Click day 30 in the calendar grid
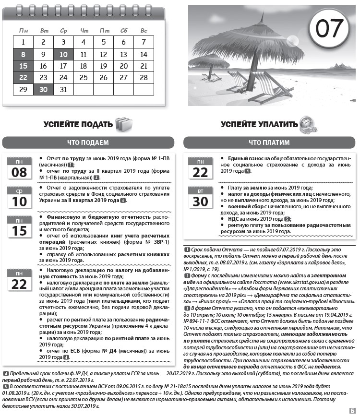[43, 89]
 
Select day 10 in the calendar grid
[63, 54]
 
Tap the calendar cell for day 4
[84, 42]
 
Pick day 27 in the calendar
[123, 77]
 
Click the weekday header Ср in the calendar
[63, 31]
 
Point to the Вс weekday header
[144, 31]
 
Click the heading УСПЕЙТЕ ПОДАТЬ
[78, 124]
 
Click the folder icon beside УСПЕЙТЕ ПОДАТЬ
[123, 124]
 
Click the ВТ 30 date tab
[200, 197]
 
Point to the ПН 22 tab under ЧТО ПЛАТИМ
[200, 168]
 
